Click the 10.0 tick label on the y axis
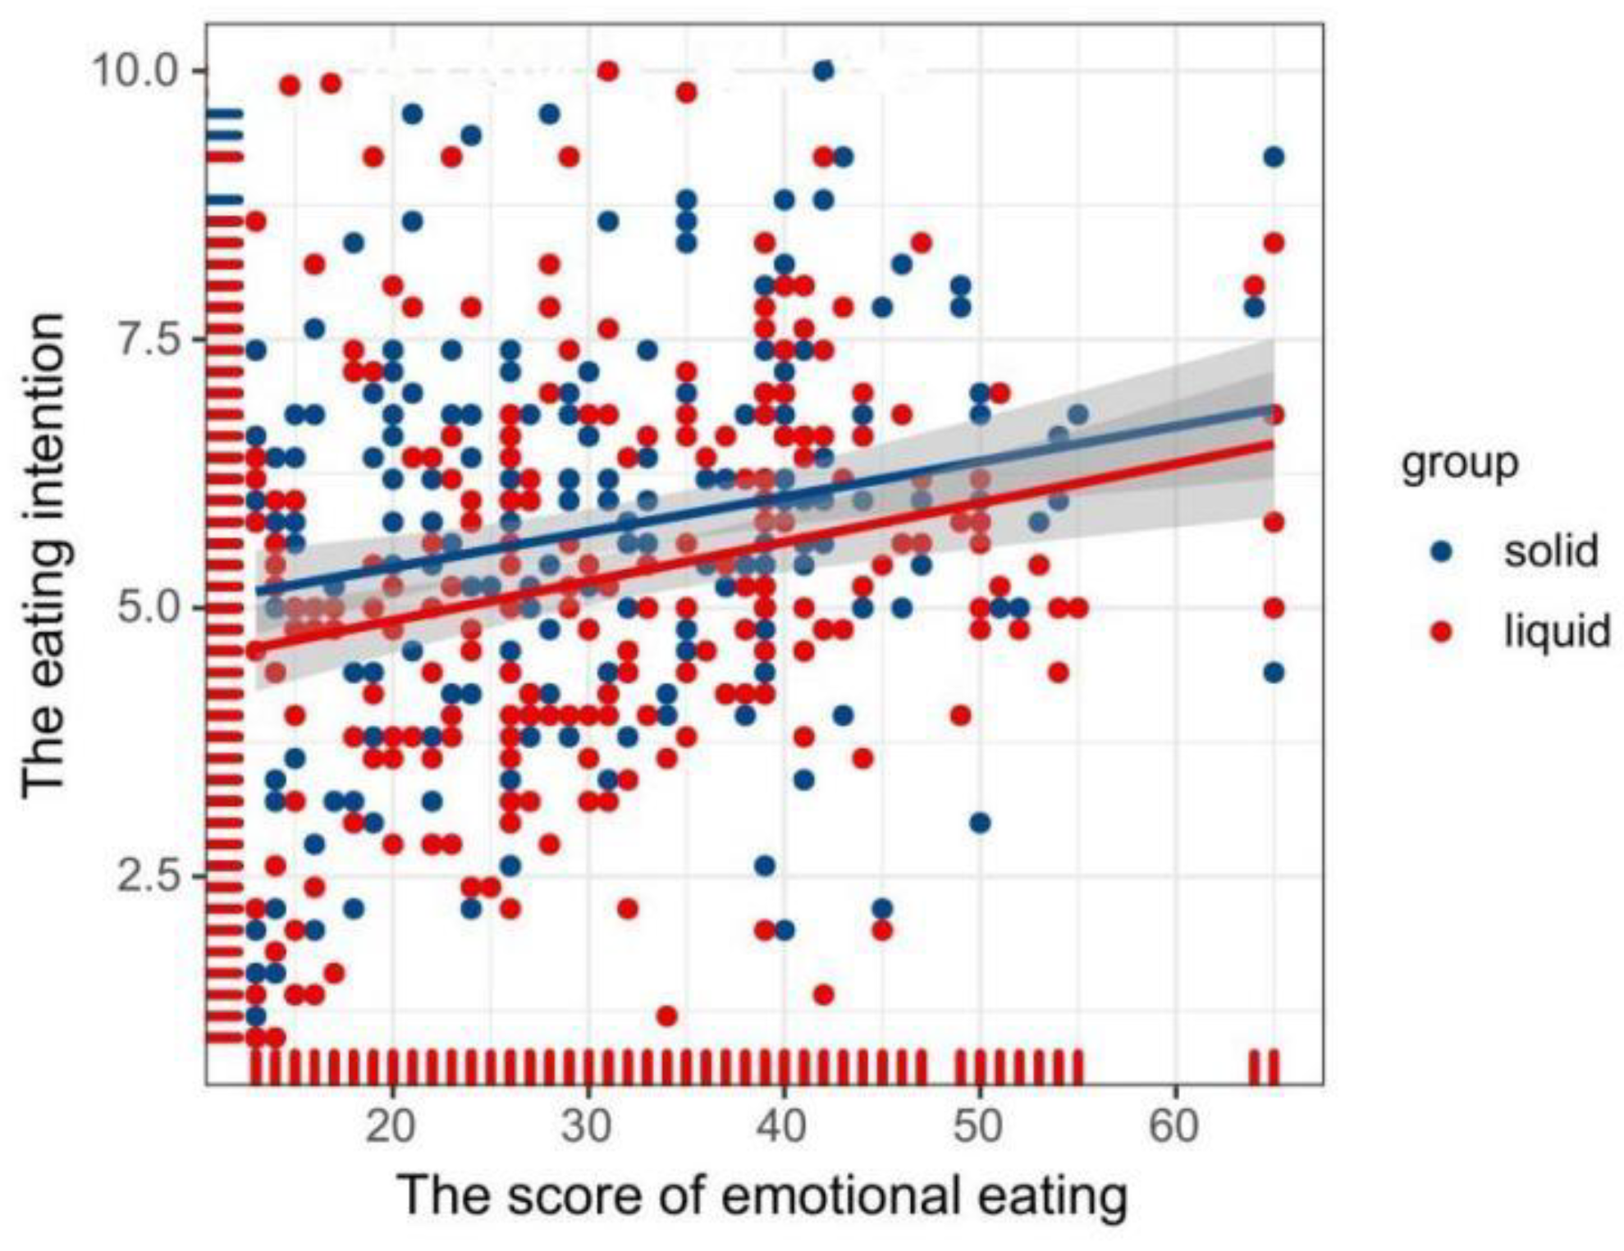tap(135, 71)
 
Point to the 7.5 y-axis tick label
tap(149, 340)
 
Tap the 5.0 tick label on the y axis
tap(149, 608)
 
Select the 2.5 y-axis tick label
tap(149, 876)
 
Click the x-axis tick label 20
tap(391, 1126)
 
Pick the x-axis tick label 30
tap(588, 1126)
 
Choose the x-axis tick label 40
tap(783, 1126)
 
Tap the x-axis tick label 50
tap(979, 1126)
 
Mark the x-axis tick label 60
tap(1174, 1126)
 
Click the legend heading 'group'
tap(1459, 463)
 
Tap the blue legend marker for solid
tap(1441, 552)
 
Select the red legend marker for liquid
tap(1441, 632)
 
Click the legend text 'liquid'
tap(1557, 632)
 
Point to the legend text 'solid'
tap(1550, 551)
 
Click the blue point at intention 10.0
tap(823, 71)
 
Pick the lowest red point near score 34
tap(667, 1016)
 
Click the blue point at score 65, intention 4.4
tap(1274, 673)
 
